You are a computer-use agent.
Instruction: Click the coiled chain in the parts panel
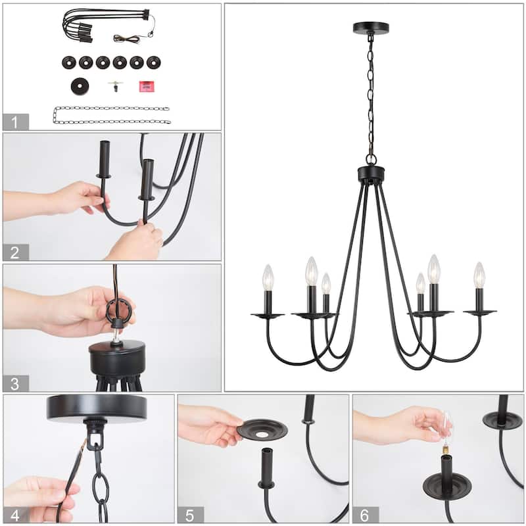click(112, 115)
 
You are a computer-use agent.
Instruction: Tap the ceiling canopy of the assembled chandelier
click(370, 28)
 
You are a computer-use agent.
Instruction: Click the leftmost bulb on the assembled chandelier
click(268, 278)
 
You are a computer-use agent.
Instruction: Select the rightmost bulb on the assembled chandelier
click(479, 275)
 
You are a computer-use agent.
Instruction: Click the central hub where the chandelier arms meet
click(370, 174)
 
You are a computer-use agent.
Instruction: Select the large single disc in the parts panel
click(80, 85)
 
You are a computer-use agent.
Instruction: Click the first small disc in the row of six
click(70, 62)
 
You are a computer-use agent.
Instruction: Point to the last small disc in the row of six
click(153, 62)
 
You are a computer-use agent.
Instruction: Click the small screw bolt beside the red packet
click(115, 85)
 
